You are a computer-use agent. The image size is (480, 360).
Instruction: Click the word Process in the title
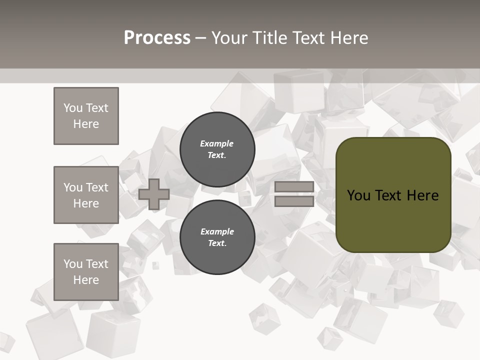[x=157, y=38]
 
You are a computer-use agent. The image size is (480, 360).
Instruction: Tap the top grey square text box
[x=86, y=116]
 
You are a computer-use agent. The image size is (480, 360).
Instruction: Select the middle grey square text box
[x=86, y=195]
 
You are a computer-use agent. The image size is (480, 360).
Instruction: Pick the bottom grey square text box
[x=86, y=272]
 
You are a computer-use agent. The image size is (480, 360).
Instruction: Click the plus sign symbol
[x=154, y=194]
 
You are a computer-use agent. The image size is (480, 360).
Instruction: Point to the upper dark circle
[x=217, y=149]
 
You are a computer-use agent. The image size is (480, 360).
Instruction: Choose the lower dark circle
[x=217, y=237]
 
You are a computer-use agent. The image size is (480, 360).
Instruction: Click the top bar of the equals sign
[x=294, y=187]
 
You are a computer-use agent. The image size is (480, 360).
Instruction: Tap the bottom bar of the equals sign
[x=294, y=201]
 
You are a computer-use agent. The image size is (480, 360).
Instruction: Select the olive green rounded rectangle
[x=393, y=195]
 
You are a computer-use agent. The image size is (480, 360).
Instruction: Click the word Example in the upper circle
[x=217, y=143]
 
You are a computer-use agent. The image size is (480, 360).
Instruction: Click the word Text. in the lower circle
[x=217, y=243]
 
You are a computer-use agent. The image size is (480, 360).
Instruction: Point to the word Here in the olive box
[x=422, y=195]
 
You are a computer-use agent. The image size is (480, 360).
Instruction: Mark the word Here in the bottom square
[x=86, y=280]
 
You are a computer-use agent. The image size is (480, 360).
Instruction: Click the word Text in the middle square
[x=96, y=187]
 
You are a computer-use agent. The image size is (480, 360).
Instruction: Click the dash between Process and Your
[x=200, y=38]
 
